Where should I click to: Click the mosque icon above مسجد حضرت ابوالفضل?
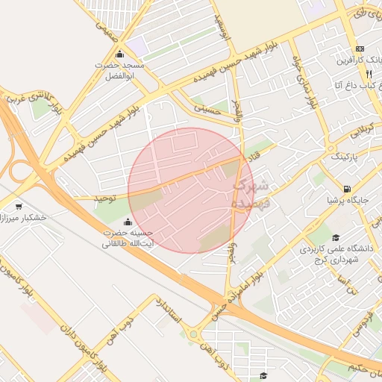point(120,54)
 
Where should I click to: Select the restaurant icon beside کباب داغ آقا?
point(368,75)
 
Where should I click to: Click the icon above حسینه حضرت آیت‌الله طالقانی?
point(128,221)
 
